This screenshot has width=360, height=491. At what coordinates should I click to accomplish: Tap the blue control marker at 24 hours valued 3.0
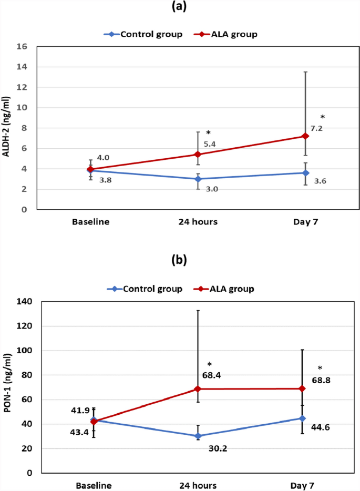tap(198, 179)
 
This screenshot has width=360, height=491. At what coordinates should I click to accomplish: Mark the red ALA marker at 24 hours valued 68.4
tap(198, 389)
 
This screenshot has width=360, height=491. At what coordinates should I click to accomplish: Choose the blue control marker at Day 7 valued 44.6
tap(302, 418)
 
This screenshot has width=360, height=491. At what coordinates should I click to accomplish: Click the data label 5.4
tap(211, 144)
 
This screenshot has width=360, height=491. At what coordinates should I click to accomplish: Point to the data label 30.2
tap(212, 448)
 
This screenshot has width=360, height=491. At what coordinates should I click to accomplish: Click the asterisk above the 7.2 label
tap(322, 117)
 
